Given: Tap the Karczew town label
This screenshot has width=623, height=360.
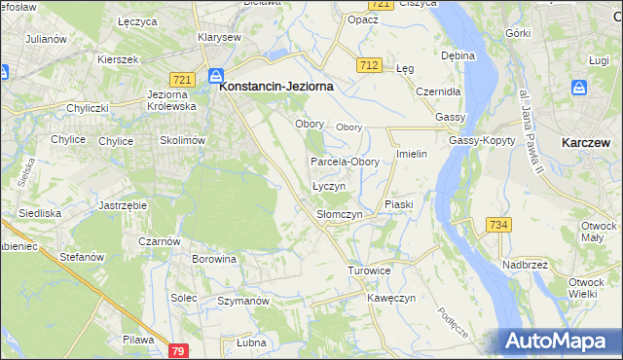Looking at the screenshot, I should pos(586,142).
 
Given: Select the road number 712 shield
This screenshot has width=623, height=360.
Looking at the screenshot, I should pos(368,65).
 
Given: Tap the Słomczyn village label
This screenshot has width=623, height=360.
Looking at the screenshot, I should pos(340,214).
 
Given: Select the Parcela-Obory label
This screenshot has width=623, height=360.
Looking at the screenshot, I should pos(345,162).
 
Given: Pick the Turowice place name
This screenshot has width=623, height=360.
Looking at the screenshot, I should pos(370,270).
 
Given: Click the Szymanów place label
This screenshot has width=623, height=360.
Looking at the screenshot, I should pos(242,302).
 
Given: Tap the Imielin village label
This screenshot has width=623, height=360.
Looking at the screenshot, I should pos(413,155).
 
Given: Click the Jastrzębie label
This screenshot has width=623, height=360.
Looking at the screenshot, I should pos(123,206).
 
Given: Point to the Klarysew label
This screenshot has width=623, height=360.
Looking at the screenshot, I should pos(219,37).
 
